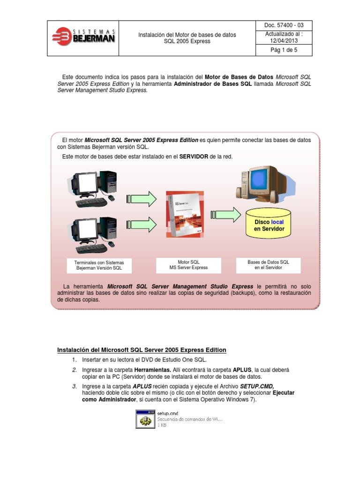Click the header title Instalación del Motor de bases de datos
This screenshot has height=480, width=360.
click(187, 35)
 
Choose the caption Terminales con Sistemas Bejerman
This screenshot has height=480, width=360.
click(99, 265)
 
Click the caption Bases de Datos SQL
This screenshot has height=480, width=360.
click(268, 265)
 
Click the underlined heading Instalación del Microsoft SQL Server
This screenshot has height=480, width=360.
click(142, 350)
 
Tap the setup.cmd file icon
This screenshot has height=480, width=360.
click(145, 419)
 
